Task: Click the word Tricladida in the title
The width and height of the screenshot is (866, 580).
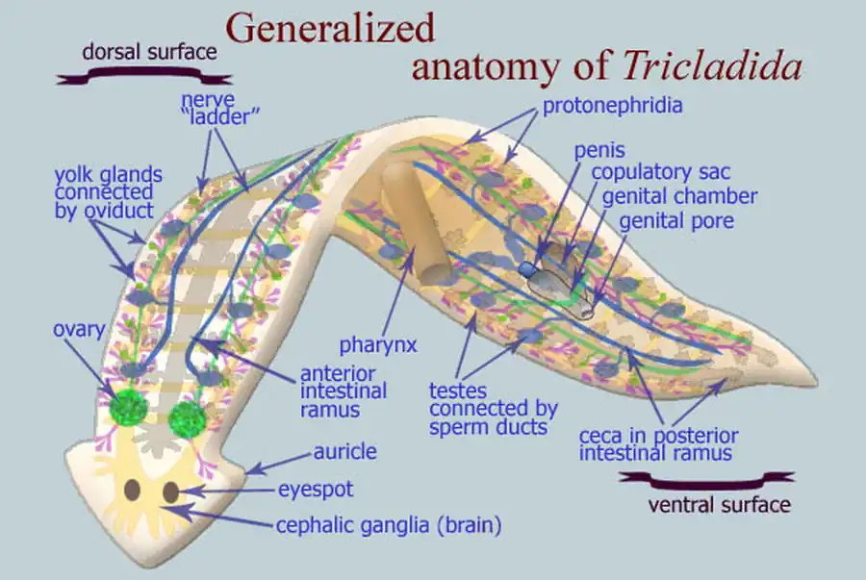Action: [x=712, y=64]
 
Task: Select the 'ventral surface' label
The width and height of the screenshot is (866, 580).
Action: [x=720, y=503]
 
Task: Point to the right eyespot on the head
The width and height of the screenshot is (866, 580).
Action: [x=170, y=492]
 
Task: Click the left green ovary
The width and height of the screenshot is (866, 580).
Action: [x=128, y=408]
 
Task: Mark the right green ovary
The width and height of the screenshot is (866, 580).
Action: [x=188, y=419]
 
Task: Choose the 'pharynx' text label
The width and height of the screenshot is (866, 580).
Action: [x=377, y=344]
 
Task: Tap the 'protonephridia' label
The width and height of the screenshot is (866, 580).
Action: [x=612, y=106]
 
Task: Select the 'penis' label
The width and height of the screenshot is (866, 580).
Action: [x=599, y=151]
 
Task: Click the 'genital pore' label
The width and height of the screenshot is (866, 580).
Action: [x=676, y=220]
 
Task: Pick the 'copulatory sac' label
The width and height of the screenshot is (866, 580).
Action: [x=660, y=173]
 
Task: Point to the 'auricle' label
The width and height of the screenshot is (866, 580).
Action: [x=344, y=451]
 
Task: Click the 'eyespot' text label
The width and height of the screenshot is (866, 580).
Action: [x=316, y=490]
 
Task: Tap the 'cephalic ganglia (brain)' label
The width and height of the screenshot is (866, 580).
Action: [x=389, y=525]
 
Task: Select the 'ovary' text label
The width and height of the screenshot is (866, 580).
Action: [x=79, y=329]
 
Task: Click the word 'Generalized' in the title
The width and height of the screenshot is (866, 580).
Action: [x=330, y=28]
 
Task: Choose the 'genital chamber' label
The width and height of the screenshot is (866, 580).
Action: [x=679, y=196]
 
